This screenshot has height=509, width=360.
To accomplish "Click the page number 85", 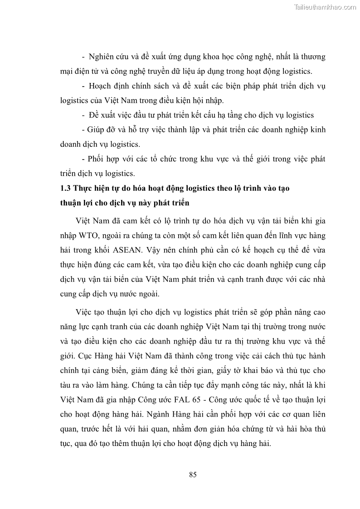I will click(192, 475).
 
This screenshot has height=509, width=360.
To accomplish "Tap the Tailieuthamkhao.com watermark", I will click(326, 7).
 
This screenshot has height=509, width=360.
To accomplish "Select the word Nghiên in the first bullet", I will click(103, 57).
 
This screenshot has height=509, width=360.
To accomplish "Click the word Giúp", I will click(99, 130).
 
